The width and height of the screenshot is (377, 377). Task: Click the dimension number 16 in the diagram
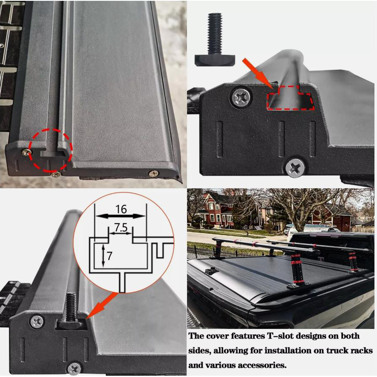(121, 209)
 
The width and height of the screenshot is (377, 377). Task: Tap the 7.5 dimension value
(121, 227)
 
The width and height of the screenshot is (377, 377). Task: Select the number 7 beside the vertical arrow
(110, 256)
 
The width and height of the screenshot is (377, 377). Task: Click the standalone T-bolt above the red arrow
(215, 39)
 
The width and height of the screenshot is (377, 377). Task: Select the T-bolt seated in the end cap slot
(71, 312)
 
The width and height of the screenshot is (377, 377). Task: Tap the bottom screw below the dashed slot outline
(295, 167)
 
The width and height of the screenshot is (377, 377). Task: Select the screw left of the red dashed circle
(26, 152)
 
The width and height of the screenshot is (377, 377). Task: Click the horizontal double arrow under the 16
(121, 216)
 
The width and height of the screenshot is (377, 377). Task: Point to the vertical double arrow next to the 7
(103, 255)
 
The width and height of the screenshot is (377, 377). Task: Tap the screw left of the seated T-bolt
(37, 322)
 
